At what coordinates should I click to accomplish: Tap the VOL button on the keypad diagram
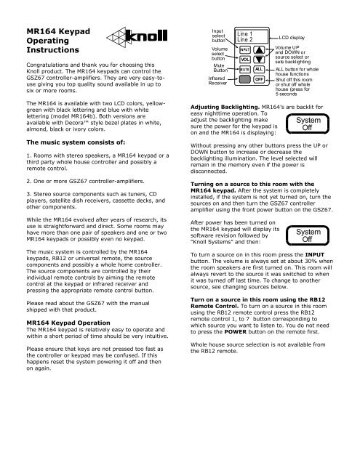pyautogui.click(x=247, y=60)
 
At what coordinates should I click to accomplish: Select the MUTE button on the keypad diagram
pyautogui.click(x=247, y=71)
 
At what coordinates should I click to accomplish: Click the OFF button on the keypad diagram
pyautogui.click(x=259, y=81)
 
